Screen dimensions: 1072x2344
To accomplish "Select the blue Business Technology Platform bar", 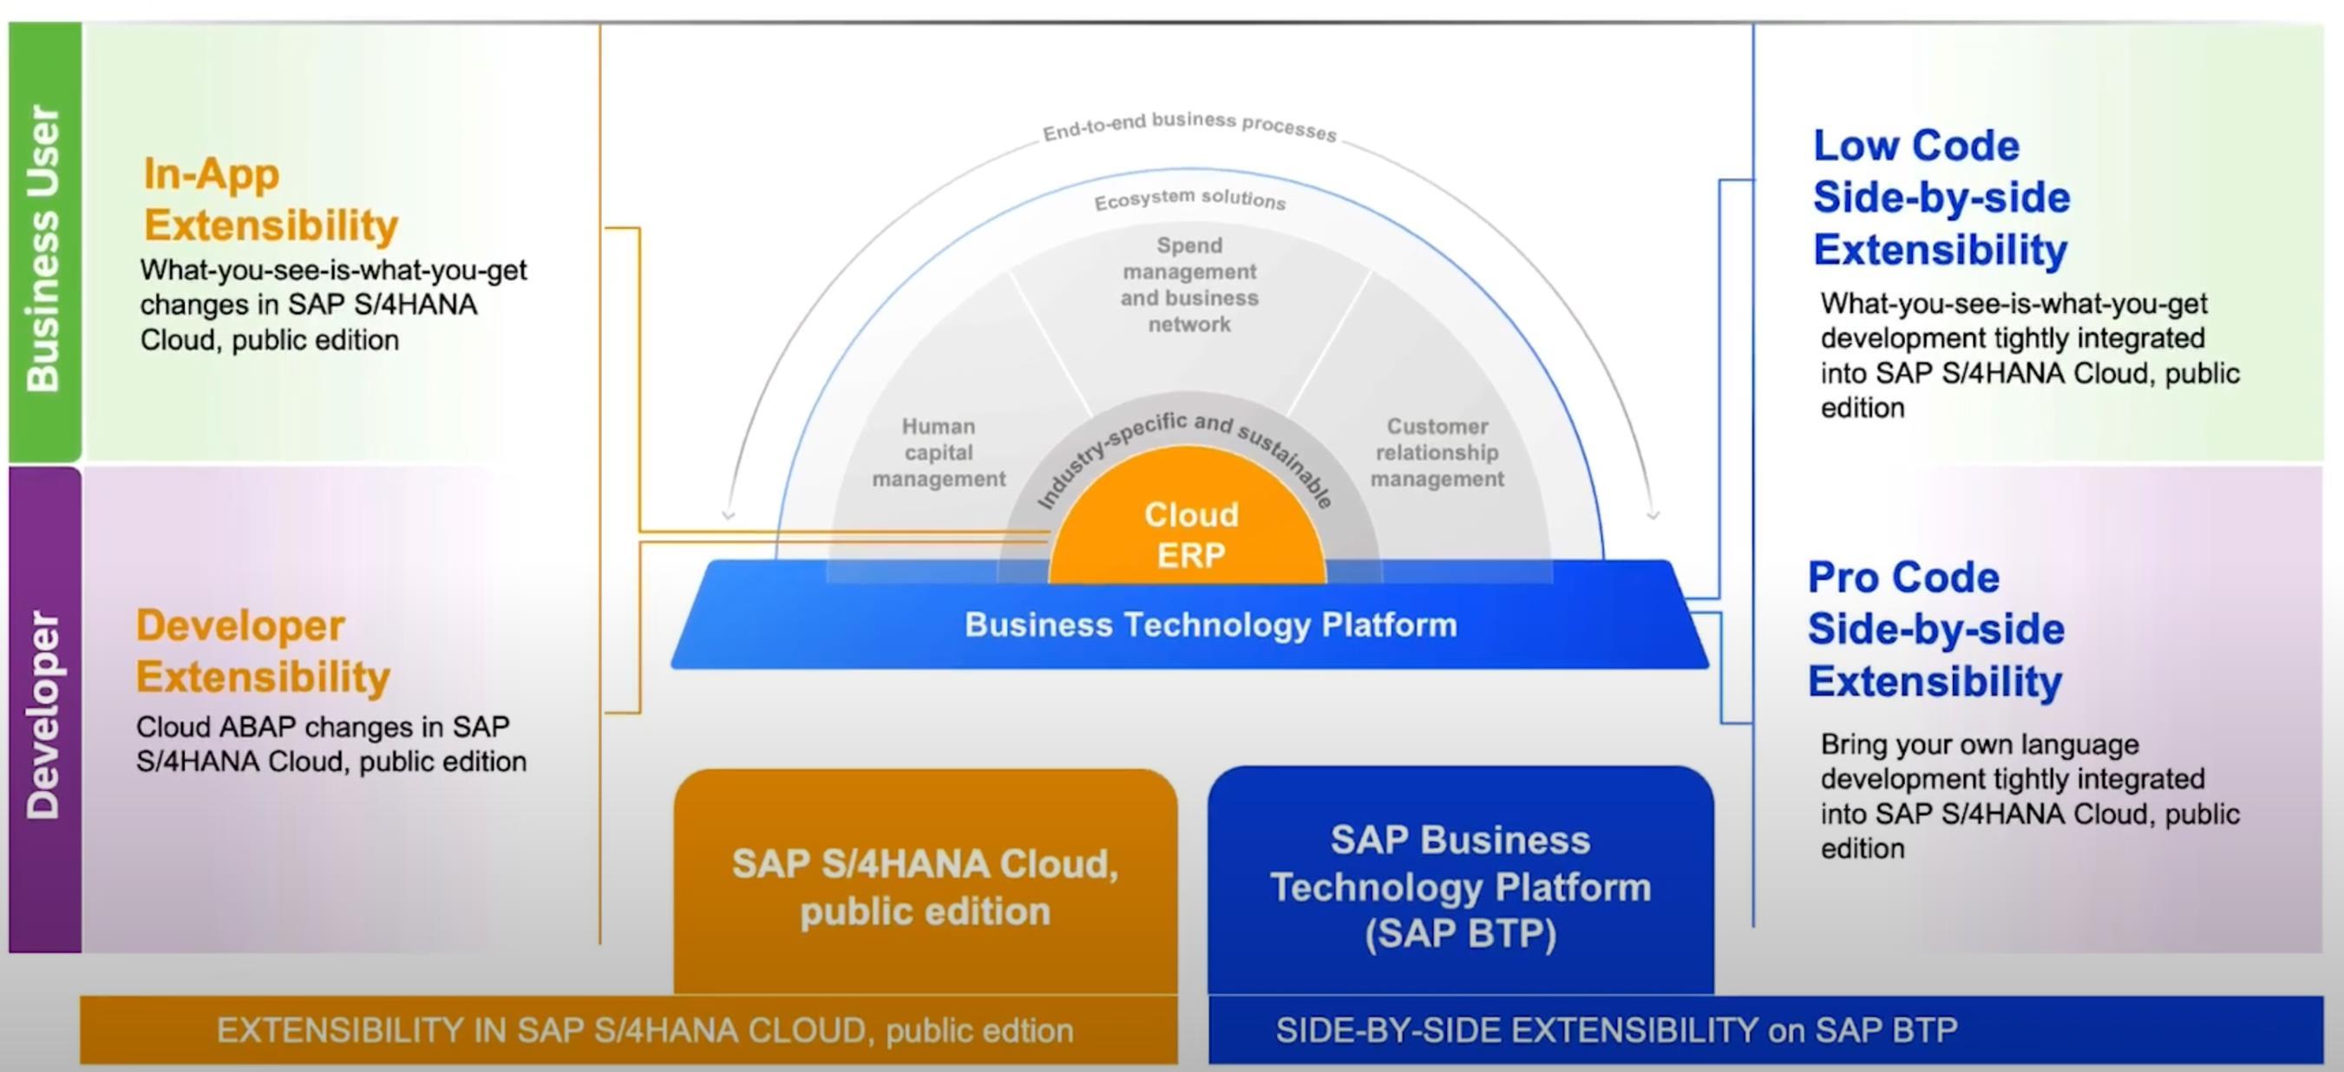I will click(x=1210, y=625).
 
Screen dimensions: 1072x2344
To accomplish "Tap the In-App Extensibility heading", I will click(x=271, y=199).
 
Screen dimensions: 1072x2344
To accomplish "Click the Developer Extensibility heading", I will click(x=263, y=651).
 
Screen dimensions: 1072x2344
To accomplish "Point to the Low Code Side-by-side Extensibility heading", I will click(x=1941, y=198).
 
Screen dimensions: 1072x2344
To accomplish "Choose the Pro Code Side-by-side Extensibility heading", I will click(x=1935, y=629).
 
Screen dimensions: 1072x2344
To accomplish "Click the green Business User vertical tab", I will click(x=44, y=245).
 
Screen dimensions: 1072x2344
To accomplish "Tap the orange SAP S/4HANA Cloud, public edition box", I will click(x=925, y=886).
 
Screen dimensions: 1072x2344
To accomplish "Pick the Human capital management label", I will click(x=938, y=452).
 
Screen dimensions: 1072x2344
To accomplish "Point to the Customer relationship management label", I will click(x=1437, y=452).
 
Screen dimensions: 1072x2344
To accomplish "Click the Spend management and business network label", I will click(x=1189, y=284).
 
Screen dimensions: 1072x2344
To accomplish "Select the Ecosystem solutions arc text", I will click(x=1189, y=199).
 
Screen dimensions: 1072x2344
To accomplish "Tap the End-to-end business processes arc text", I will click(x=1189, y=126).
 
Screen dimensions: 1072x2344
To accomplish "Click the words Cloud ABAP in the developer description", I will click(x=216, y=727).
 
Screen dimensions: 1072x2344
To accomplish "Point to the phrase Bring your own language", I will click(x=1979, y=744).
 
